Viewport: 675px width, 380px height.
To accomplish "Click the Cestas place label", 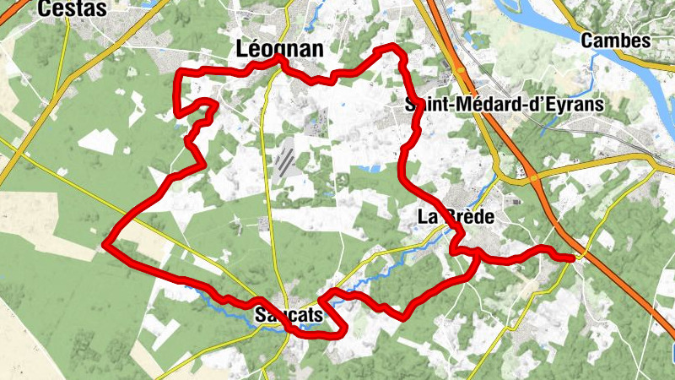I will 73,8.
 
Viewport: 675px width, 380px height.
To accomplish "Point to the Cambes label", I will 616,40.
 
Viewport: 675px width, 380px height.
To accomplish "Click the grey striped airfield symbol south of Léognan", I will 286,158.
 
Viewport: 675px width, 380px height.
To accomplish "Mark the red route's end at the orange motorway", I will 574,258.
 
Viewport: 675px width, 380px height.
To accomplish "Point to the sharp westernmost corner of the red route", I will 105,246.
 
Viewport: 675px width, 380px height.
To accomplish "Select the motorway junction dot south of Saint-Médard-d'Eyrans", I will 532,179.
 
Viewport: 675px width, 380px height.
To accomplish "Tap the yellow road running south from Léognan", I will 268,169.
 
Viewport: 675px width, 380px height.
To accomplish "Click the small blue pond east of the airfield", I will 369,170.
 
